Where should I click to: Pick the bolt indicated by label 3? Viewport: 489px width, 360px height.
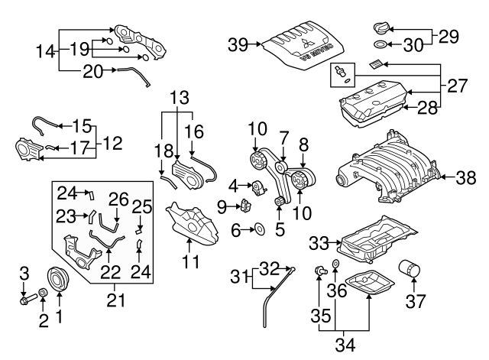tap(25, 297)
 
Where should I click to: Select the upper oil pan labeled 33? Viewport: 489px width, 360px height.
tap(374, 241)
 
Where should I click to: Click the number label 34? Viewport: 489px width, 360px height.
tap(346, 345)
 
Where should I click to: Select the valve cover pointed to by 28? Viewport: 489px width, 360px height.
tap(374, 107)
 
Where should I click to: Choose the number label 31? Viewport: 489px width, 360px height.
tap(239, 277)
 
